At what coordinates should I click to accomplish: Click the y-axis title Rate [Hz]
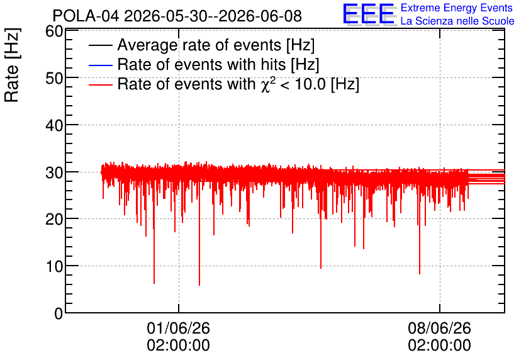12,65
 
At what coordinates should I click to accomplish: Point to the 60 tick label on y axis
54,31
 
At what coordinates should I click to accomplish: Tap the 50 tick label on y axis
54,79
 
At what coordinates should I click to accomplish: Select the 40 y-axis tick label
54,126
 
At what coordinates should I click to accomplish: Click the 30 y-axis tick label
54,173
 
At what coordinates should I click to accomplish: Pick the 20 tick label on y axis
54,220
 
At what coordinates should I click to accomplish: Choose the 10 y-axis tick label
54,267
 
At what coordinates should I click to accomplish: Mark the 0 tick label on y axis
59,313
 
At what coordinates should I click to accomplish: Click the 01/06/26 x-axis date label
179,328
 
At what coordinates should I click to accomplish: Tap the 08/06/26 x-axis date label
439,328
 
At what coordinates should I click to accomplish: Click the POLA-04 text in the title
86,16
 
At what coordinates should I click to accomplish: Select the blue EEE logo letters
369,14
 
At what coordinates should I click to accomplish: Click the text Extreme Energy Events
457,8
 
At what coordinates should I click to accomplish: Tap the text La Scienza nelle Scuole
457,21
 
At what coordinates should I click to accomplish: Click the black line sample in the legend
100,45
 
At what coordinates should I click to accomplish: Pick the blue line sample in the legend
100,65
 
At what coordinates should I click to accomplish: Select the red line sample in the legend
100,84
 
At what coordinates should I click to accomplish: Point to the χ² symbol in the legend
266,84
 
